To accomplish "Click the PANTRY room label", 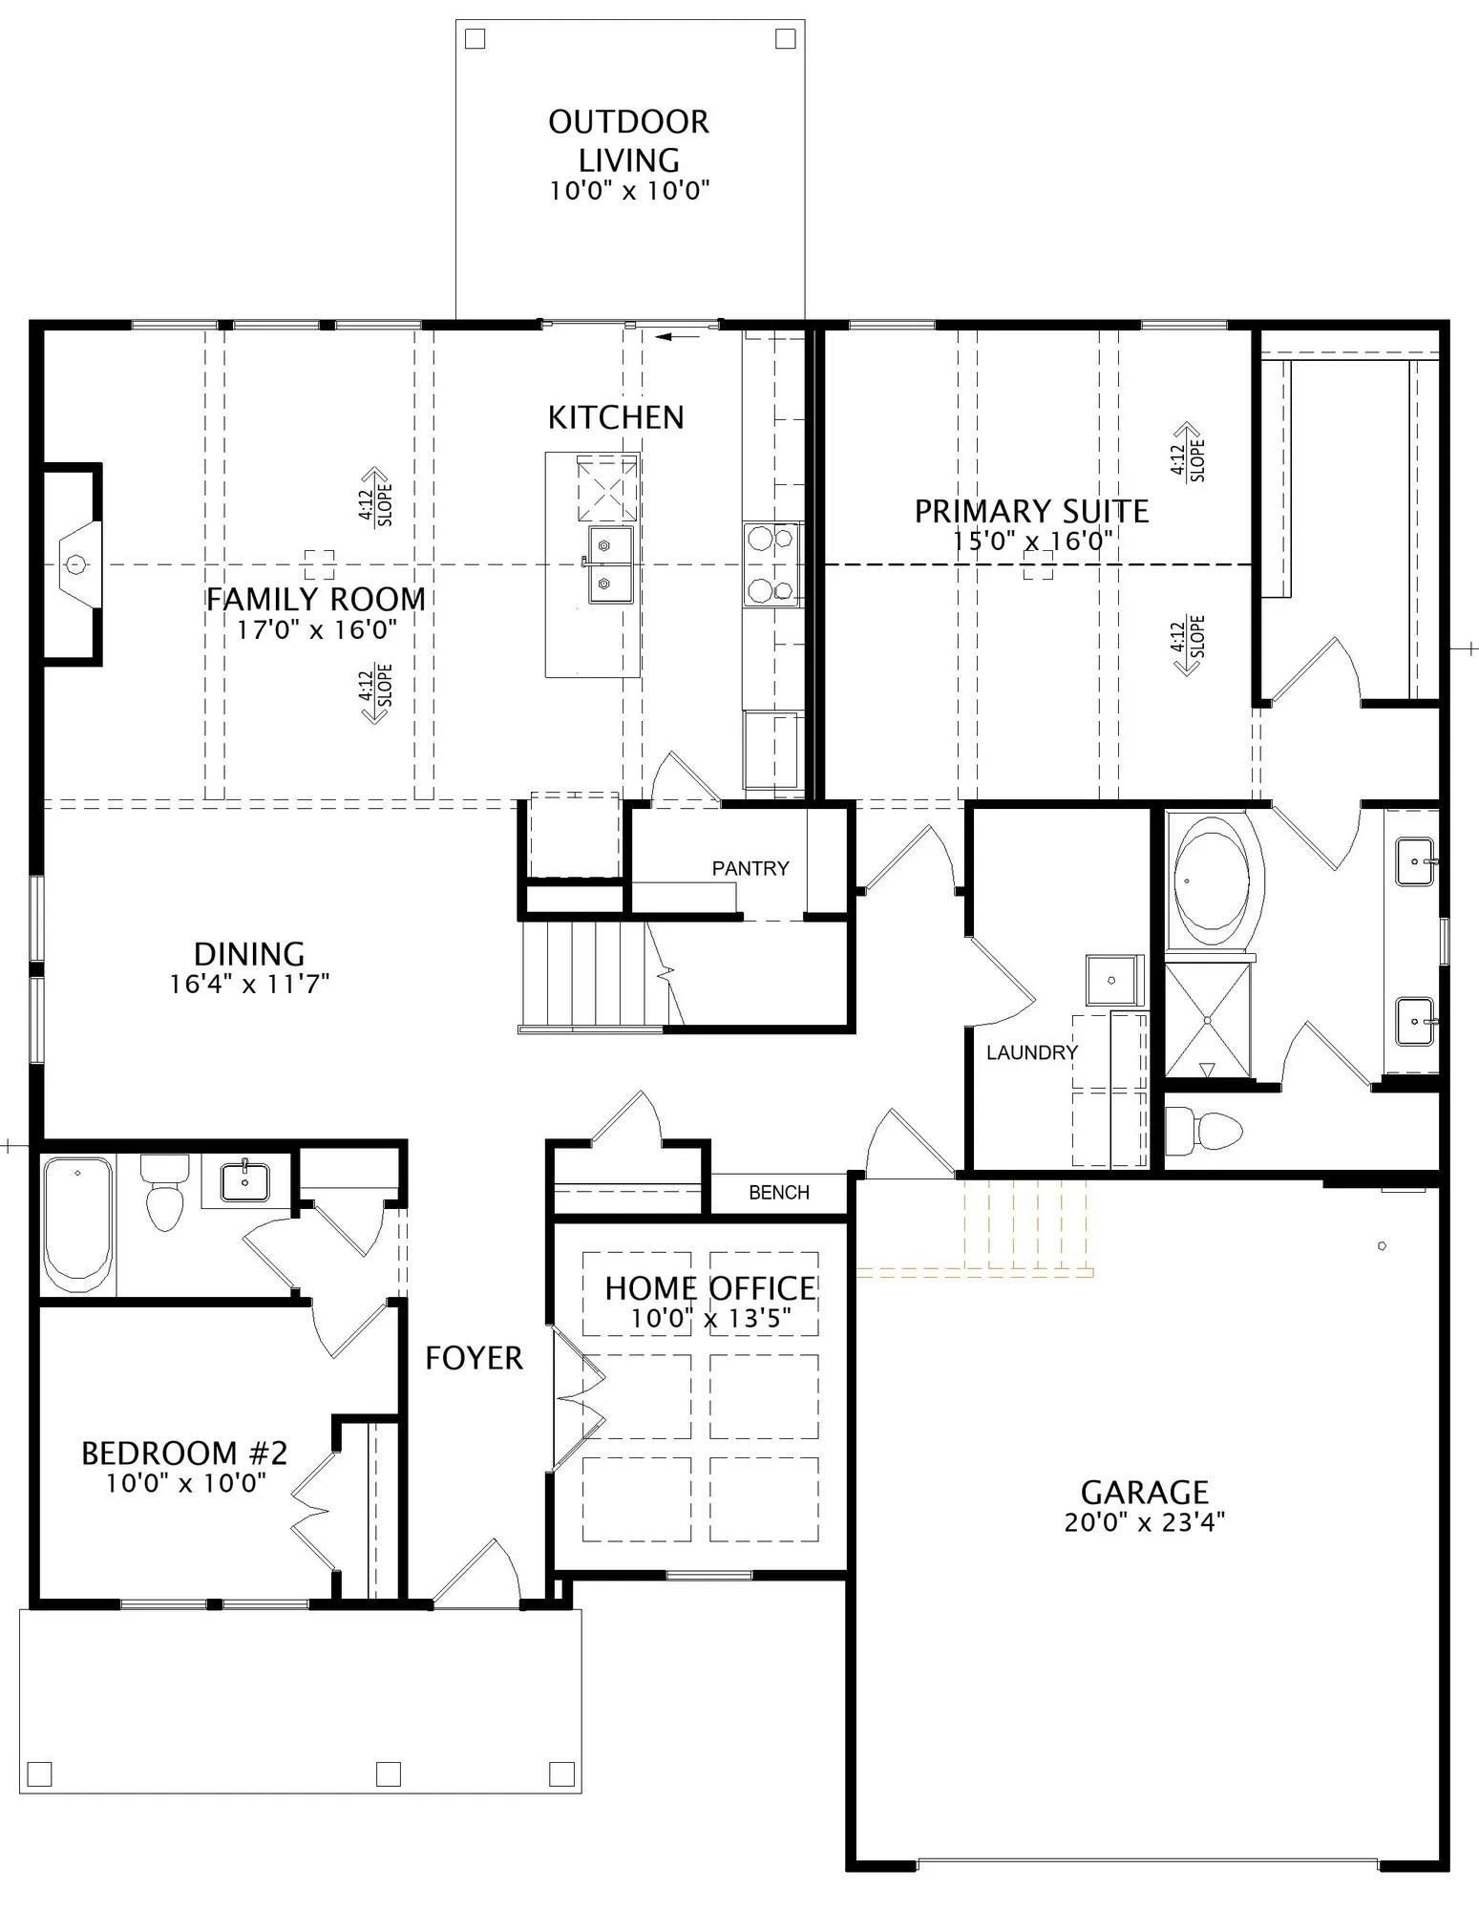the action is [750, 868].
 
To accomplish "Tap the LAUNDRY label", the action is [1032, 1052].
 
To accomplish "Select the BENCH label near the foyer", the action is [779, 1192].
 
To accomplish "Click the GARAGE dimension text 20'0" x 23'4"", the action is [1145, 1522].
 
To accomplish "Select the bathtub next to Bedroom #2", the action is [77, 1224].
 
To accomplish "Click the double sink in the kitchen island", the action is [610, 564].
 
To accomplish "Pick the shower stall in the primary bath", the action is [1208, 1021].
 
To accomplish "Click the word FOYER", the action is [474, 1358].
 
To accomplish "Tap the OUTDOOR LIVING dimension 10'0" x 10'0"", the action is [629, 190].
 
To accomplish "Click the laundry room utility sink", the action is [1113, 980].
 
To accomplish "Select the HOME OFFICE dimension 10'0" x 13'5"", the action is [710, 1320].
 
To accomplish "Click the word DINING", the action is [249, 954].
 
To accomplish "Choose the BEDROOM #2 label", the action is [184, 1454].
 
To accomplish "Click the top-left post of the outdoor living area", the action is [475, 39].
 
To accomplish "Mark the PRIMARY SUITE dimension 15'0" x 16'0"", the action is [1032, 541].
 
